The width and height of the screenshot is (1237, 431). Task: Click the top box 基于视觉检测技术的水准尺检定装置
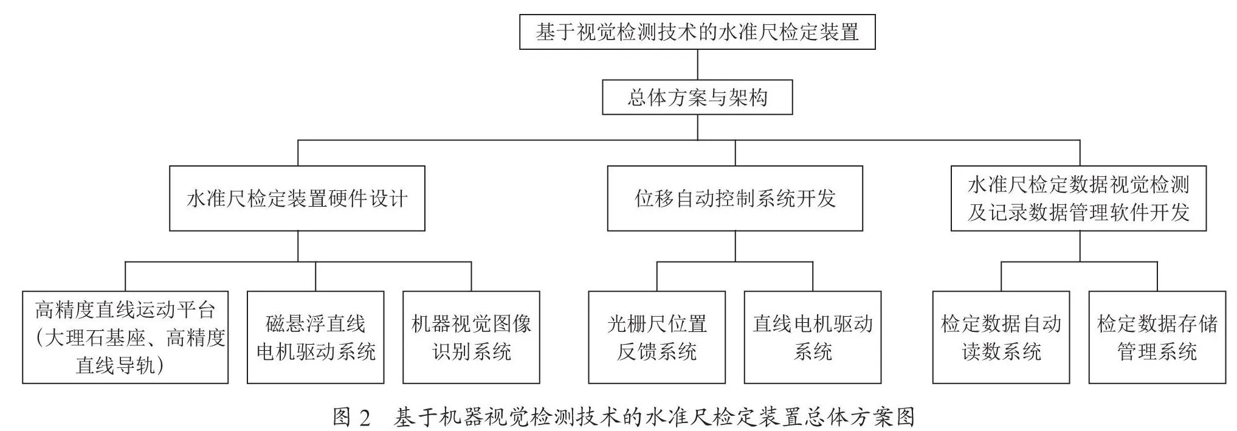[697, 32]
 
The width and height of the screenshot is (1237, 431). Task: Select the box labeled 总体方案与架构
[697, 97]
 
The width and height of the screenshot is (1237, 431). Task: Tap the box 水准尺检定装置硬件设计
[297, 198]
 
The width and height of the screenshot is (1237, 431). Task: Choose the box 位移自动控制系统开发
[735, 198]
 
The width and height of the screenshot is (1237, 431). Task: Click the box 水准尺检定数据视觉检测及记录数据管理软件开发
[1079, 198]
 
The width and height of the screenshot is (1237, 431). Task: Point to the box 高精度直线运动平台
[125, 337]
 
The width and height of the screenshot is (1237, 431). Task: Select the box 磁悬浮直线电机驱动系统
[315, 337]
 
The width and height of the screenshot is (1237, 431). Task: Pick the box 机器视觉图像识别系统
[471, 337]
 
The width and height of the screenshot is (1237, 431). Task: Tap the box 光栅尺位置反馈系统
[657, 337]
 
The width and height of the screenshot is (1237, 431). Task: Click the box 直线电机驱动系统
[813, 337]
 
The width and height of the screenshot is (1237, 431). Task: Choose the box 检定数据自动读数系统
[1001, 337]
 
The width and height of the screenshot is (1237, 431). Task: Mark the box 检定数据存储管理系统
[1157, 337]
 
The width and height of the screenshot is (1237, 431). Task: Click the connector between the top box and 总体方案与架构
[697, 64]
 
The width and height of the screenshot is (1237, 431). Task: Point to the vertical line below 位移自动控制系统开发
[735, 246]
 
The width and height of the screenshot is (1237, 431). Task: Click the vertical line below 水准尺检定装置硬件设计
[298, 246]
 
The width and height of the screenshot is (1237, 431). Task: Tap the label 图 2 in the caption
[351, 418]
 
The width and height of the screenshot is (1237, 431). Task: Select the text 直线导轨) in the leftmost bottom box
[120, 365]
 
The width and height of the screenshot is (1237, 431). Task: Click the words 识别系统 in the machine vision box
[472, 351]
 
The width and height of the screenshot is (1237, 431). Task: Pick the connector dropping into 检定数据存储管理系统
[1157, 277]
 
